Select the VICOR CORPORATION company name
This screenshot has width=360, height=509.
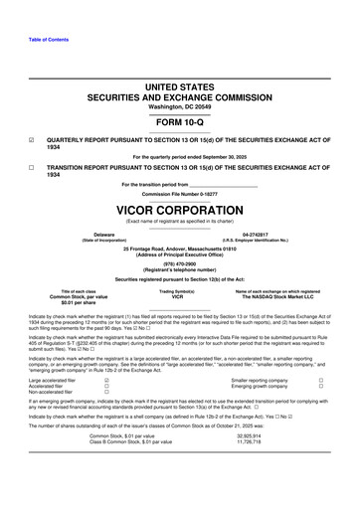(179, 212)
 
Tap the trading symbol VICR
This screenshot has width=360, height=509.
(179, 295)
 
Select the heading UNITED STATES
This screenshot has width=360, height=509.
(179, 87)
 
